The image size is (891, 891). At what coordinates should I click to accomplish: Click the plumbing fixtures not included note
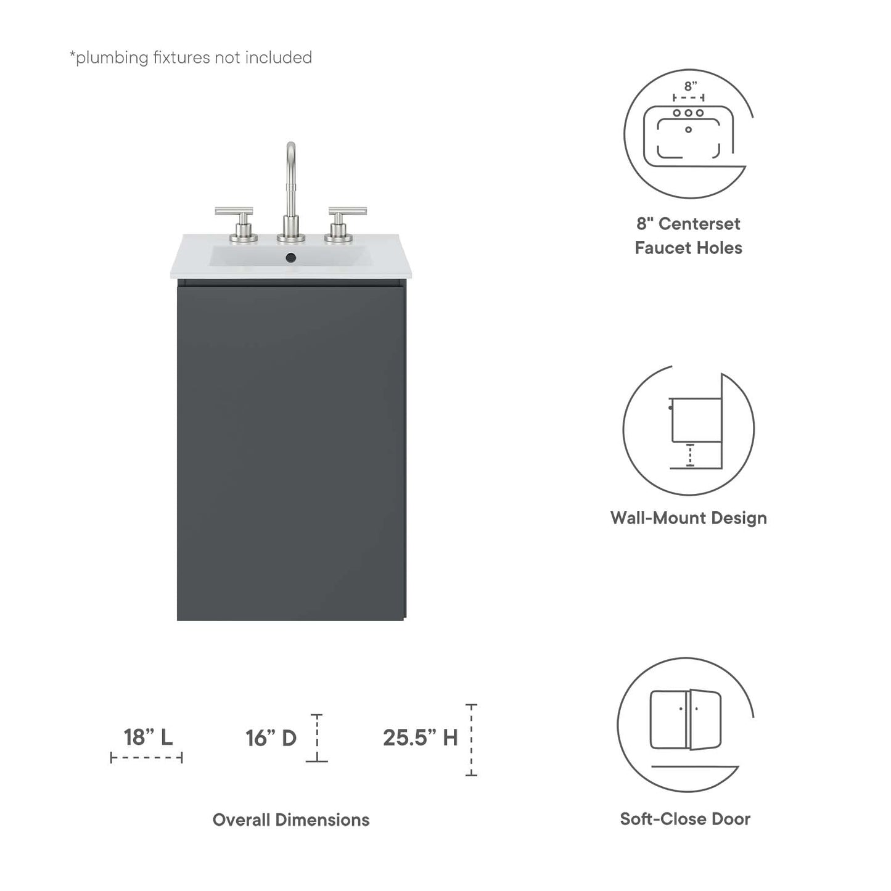point(191,57)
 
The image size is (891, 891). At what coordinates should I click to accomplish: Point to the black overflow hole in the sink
point(291,258)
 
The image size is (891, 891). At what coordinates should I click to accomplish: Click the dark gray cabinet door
point(290,450)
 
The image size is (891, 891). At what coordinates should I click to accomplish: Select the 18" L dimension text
point(148,737)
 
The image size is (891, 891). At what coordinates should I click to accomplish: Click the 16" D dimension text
point(271,737)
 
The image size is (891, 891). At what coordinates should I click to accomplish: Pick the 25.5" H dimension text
point(420,737)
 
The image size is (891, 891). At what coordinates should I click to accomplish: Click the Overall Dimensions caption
point(291,819)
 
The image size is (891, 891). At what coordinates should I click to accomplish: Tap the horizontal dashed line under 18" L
point(147,758)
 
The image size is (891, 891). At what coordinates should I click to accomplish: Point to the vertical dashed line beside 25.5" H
point(471,740)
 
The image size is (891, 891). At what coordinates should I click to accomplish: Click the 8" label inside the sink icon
point(690,86)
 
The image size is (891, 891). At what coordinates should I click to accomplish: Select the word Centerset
point(699,224)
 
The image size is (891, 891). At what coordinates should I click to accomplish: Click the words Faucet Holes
point(688,248)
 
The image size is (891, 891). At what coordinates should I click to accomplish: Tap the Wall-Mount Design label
point(688,518)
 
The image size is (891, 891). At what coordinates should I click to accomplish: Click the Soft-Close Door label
point(685,819)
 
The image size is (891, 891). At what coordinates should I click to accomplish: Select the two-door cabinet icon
point(686,720)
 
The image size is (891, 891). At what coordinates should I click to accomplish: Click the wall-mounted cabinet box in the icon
point(696,420)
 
